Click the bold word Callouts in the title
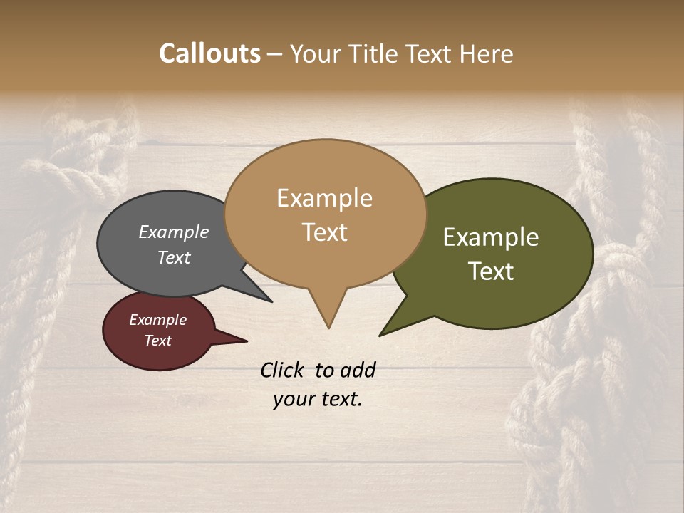tap(209, 53)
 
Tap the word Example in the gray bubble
tap(174, 232)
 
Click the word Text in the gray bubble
tap(174, 257)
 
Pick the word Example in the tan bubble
tap(324, 198)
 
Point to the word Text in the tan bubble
tap(324, 232)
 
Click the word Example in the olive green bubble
tap(491, 237)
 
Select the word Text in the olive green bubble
tap(491, 271)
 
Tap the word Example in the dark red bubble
tap(157, 320)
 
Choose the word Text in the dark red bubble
tap(157, 341)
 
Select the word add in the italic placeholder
tap(358, 370)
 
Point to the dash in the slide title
tap(274, 54)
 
